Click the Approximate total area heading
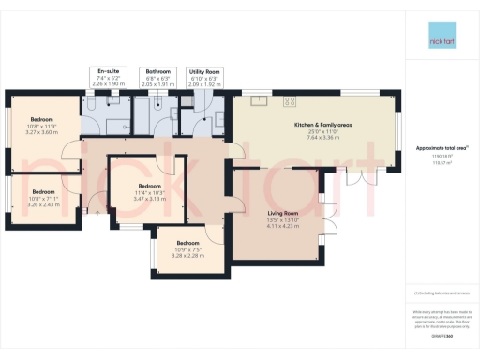pyautogui.click(x=442, y=148)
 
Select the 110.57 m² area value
pyautogui.click(x=442, y=162)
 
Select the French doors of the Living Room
pyautogui.click(x=332, y=221)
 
